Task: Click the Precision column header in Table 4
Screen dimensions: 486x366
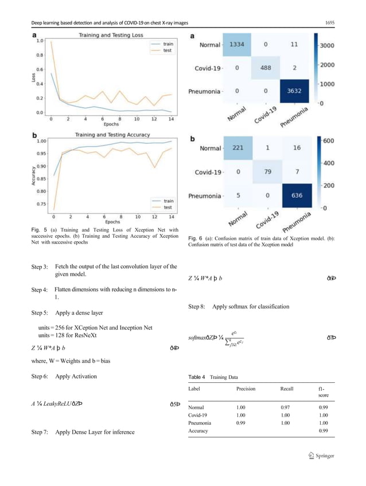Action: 246,389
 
